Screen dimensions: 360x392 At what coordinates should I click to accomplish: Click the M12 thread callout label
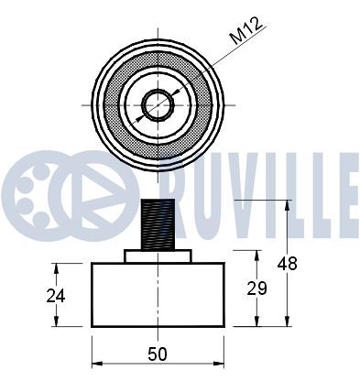pyautogui.click(x=246, y=30)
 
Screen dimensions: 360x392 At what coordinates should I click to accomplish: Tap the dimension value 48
pyautogui.click(x=287, y=264)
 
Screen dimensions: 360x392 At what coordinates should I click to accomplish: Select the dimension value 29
pyautogui.click(x=256, y=289)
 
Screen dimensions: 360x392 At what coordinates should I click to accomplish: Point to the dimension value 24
pyautogui.click(x=56, y=296)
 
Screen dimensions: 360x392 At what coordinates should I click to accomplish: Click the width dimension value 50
pyautogui.click(x=158, y=354)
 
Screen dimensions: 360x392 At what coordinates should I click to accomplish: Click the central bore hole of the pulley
pyautogui.click(x=158, y=105)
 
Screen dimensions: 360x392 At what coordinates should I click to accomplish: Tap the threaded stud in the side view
pyautogui.click(x=158, y=224)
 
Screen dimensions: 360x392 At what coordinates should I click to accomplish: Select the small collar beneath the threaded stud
pyautogui.click(x=158, y=256)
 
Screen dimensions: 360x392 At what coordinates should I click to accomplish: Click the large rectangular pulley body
pyautogui.click(x=158, y=295)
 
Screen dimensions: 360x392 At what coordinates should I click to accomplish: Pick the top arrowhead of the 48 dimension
pyautogui.click(x=287, y=205)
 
